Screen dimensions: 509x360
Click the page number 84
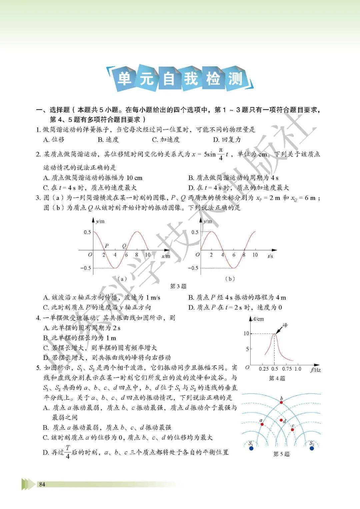(x=42, y=484)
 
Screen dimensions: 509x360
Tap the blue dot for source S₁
(x=251, y=448)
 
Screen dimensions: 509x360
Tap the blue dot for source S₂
(x=312, y=448)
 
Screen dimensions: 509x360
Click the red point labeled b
(x=281, y=402)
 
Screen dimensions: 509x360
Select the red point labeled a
(x=262, y=424)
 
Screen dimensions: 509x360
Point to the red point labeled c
(x=292, y=429)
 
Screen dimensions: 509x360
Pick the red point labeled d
(x=281, y=420)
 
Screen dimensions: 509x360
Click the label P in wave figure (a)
(x=106, y=246)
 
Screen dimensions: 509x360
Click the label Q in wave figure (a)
(x=124, y=246)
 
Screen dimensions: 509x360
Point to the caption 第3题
(x=178, y=286)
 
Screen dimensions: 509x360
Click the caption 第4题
(x=277, y=378)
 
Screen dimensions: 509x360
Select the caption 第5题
(x=281, y=454)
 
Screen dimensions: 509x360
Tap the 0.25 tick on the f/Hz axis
(x=264, y=369)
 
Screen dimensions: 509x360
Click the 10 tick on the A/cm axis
(x=246, y=333)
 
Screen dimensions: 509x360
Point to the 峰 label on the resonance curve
(x=285, y=325)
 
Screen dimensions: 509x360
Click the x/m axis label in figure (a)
(x=166, y=256)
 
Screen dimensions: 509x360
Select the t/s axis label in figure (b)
(x=270, y=256)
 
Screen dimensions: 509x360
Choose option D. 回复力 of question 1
(x=227, y=140)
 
